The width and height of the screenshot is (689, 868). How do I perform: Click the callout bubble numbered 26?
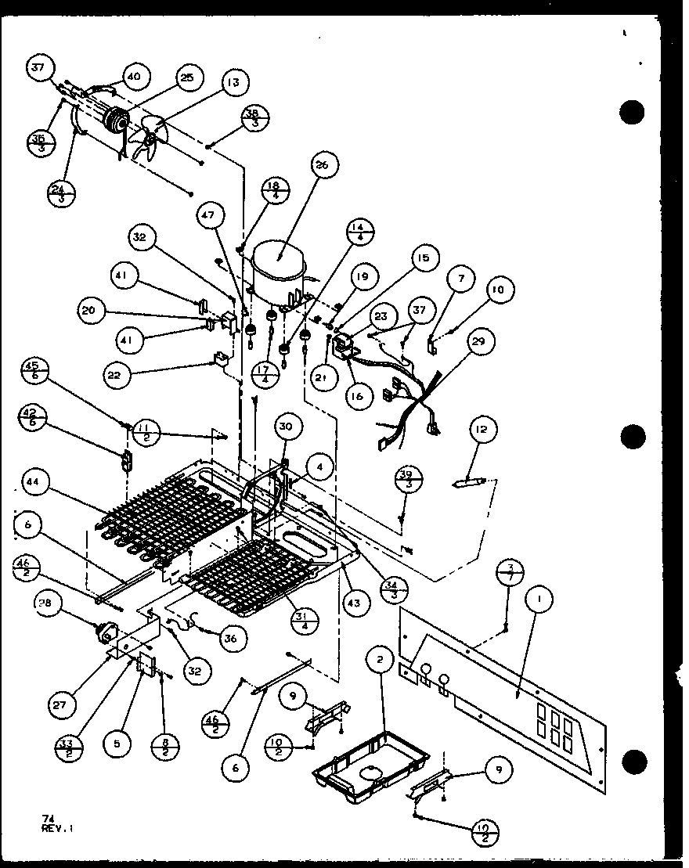[321, 165]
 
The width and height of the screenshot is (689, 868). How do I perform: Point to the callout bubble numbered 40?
[133, 76]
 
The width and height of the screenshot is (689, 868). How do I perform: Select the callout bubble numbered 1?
[539, 600]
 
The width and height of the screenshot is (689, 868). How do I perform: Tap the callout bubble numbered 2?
[379, 660]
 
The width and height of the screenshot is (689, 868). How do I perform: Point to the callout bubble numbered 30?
[287, 426]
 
